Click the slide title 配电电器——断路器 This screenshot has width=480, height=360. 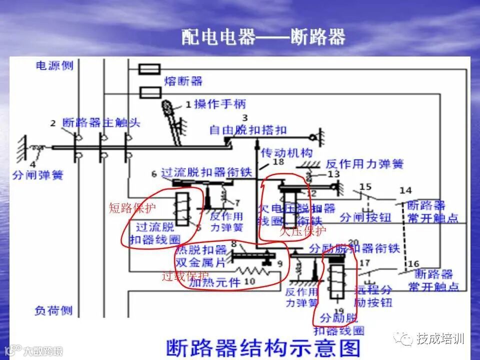[263, 37]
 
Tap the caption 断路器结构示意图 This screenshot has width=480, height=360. [262, 346]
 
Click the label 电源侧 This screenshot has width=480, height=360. [54, 65]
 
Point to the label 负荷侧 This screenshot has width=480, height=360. [53, 310]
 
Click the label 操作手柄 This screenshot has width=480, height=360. [220, 104]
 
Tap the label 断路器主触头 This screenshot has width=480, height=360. [101, 122]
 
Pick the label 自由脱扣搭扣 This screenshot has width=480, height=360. [248, 130]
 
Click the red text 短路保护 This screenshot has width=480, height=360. [126, 208]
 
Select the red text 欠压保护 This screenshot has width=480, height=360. [302, 231]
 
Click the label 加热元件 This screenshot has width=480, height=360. [215, 282]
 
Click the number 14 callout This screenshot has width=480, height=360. [405, 190]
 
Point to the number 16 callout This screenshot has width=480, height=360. [413, 264]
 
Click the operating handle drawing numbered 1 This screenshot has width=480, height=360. [172, 120]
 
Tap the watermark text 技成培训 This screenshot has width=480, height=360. [440, 338]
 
